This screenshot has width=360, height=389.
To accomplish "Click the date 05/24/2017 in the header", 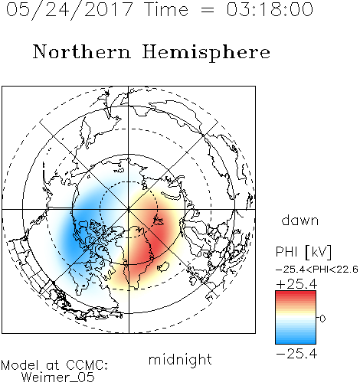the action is point(70,9).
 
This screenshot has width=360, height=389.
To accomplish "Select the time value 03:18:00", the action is point(270,9).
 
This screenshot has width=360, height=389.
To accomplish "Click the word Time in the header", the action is point(166,9).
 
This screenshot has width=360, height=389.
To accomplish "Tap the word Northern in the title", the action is point(82,51).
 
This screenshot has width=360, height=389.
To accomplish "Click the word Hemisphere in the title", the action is point(206,53).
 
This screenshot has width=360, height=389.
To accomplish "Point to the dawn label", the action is point(300,220).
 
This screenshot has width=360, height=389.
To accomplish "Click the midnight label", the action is point(180,360).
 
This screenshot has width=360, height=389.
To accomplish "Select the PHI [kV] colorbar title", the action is point(303,252).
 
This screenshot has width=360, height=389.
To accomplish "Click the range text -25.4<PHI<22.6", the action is point(317,270).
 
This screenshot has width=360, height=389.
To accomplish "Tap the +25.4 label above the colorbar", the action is point(296,284).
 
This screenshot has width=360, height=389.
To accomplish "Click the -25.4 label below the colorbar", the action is point(296,354).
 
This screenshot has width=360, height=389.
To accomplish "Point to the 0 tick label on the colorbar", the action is point(322,319).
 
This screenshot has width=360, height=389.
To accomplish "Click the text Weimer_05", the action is point(57,377).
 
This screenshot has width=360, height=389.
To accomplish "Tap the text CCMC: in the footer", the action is point(87,364).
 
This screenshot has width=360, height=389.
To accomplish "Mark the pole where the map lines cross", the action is point(129,209).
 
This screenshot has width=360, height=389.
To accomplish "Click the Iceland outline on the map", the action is point(163,266).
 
